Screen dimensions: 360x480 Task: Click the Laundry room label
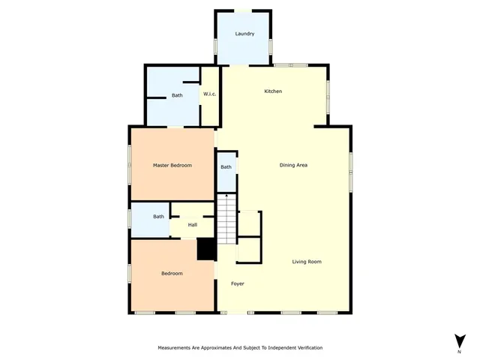244,34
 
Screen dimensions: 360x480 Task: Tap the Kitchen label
273,91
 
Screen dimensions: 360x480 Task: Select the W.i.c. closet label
210,94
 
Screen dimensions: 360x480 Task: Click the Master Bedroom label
172,165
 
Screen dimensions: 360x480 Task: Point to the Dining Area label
294,165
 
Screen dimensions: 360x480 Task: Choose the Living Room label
307,262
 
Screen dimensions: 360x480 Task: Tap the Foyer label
237,283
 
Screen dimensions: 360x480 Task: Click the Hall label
193,224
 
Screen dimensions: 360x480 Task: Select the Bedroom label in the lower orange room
172,274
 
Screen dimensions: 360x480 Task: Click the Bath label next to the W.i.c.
177,95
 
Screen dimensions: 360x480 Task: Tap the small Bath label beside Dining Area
226,166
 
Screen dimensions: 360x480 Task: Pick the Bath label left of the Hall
159,217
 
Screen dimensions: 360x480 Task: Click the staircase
226,218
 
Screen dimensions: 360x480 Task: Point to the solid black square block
206,249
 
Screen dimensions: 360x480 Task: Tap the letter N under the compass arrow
459,351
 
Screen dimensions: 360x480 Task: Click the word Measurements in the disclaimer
177,349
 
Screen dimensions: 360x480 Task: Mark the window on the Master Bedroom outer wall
129,163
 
